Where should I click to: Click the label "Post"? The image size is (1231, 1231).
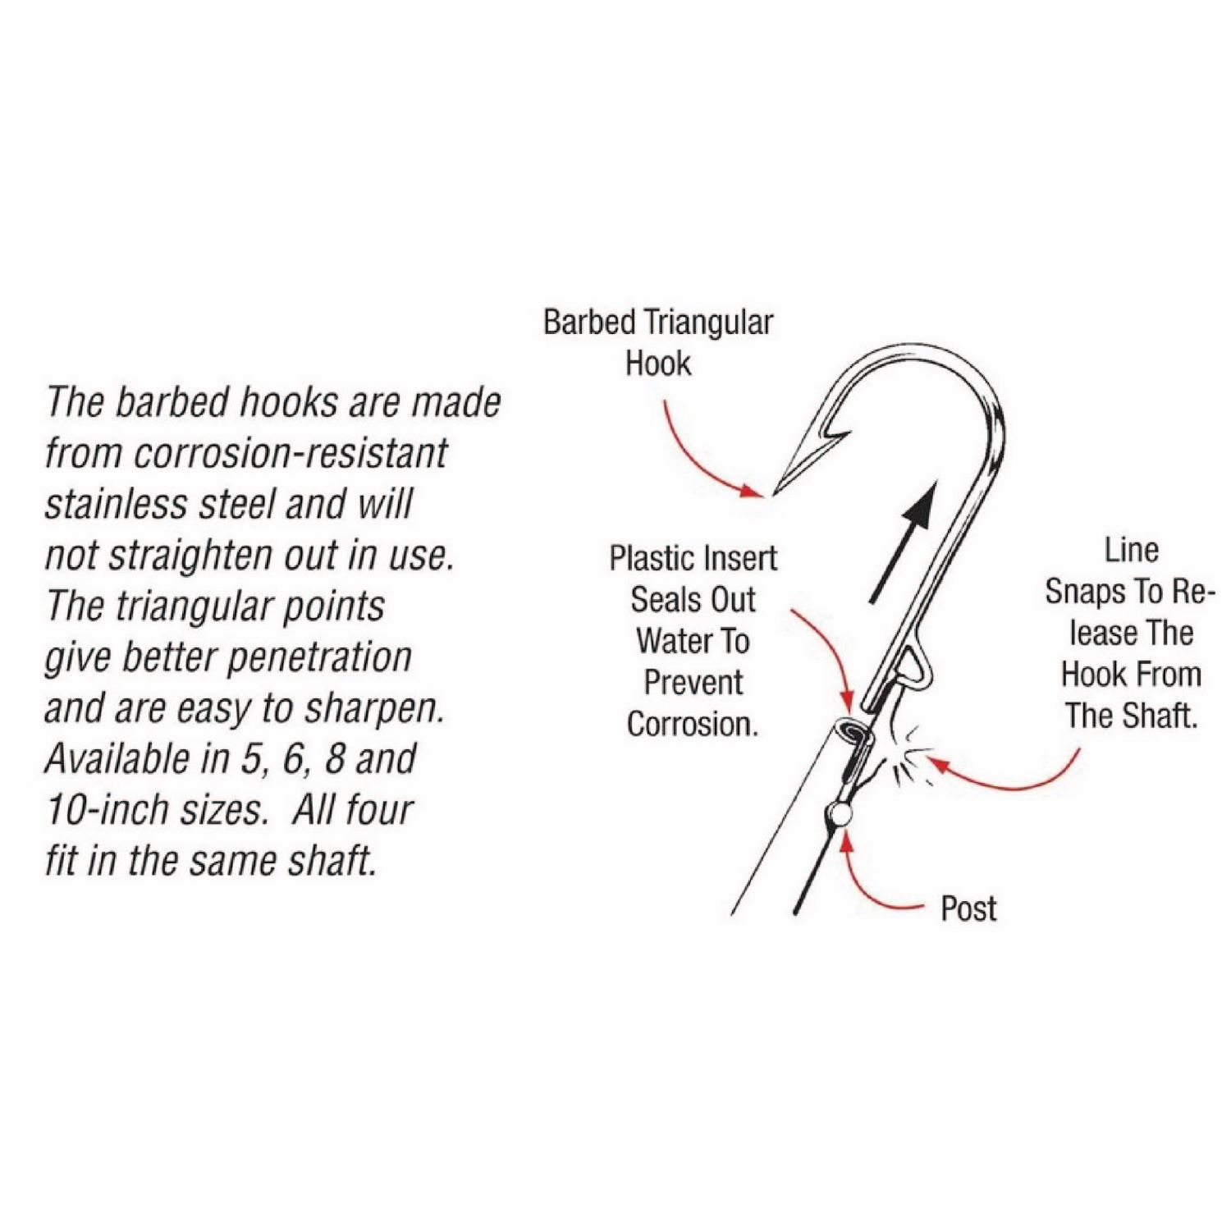coord(968,908)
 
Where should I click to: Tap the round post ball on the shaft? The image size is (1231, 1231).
coord(837,815)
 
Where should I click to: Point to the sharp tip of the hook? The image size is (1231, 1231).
coord(776,493)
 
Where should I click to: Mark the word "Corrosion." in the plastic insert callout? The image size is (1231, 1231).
coord(691,724)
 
